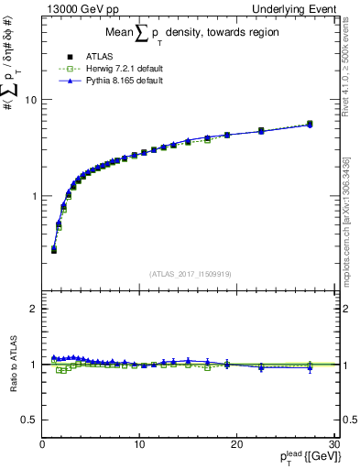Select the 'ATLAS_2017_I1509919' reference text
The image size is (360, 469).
tap(189, 273)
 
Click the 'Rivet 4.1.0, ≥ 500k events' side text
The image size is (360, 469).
tap(351, 73)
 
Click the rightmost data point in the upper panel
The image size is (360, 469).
tap(310, 124)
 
